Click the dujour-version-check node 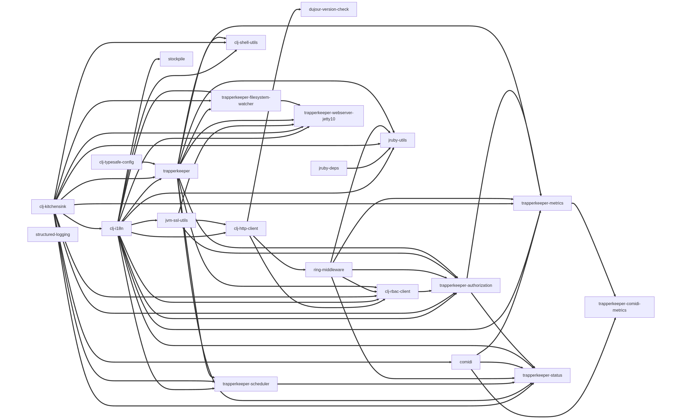(x=329, y=9)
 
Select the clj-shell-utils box (x=246, y=42)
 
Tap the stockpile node (x=177, y=59)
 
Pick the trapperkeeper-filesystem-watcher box (x=246, y=101)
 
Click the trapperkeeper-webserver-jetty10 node (x=329, y=116)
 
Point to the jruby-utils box (x=397, y=140)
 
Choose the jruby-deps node (x=329, y=168)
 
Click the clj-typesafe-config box (x=116, y=162)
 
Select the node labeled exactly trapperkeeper (x=177, y=171)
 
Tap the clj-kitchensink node (x=53, y=206)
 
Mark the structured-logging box (x=53, y=234)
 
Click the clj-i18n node (x=116, y=228)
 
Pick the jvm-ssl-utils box (x=177, y=220)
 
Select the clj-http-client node (x=246, y=228)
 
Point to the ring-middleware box (x=329, y=270)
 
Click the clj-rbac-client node (x=397, y=291)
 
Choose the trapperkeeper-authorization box (x=466, y=286)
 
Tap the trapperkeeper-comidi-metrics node (x=619, y=307)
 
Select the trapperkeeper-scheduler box (x=246, y=384)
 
